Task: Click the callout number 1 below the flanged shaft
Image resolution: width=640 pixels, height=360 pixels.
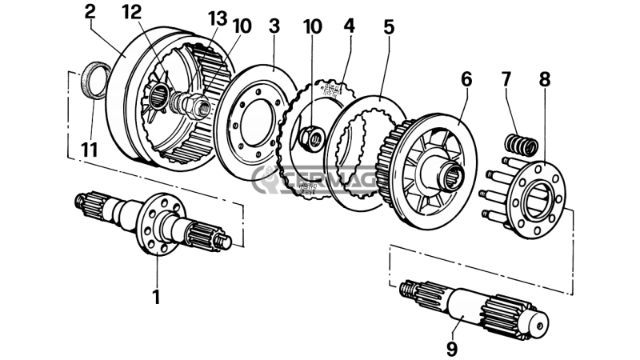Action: click(157, 297)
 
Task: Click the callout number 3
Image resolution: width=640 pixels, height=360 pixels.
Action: click(274, 26)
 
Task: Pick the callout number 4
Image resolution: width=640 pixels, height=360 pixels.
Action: click(349, 26)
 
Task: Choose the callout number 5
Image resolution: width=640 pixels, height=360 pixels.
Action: click(389, 26)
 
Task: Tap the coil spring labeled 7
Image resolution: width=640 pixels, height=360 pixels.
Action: click(521, 145)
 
